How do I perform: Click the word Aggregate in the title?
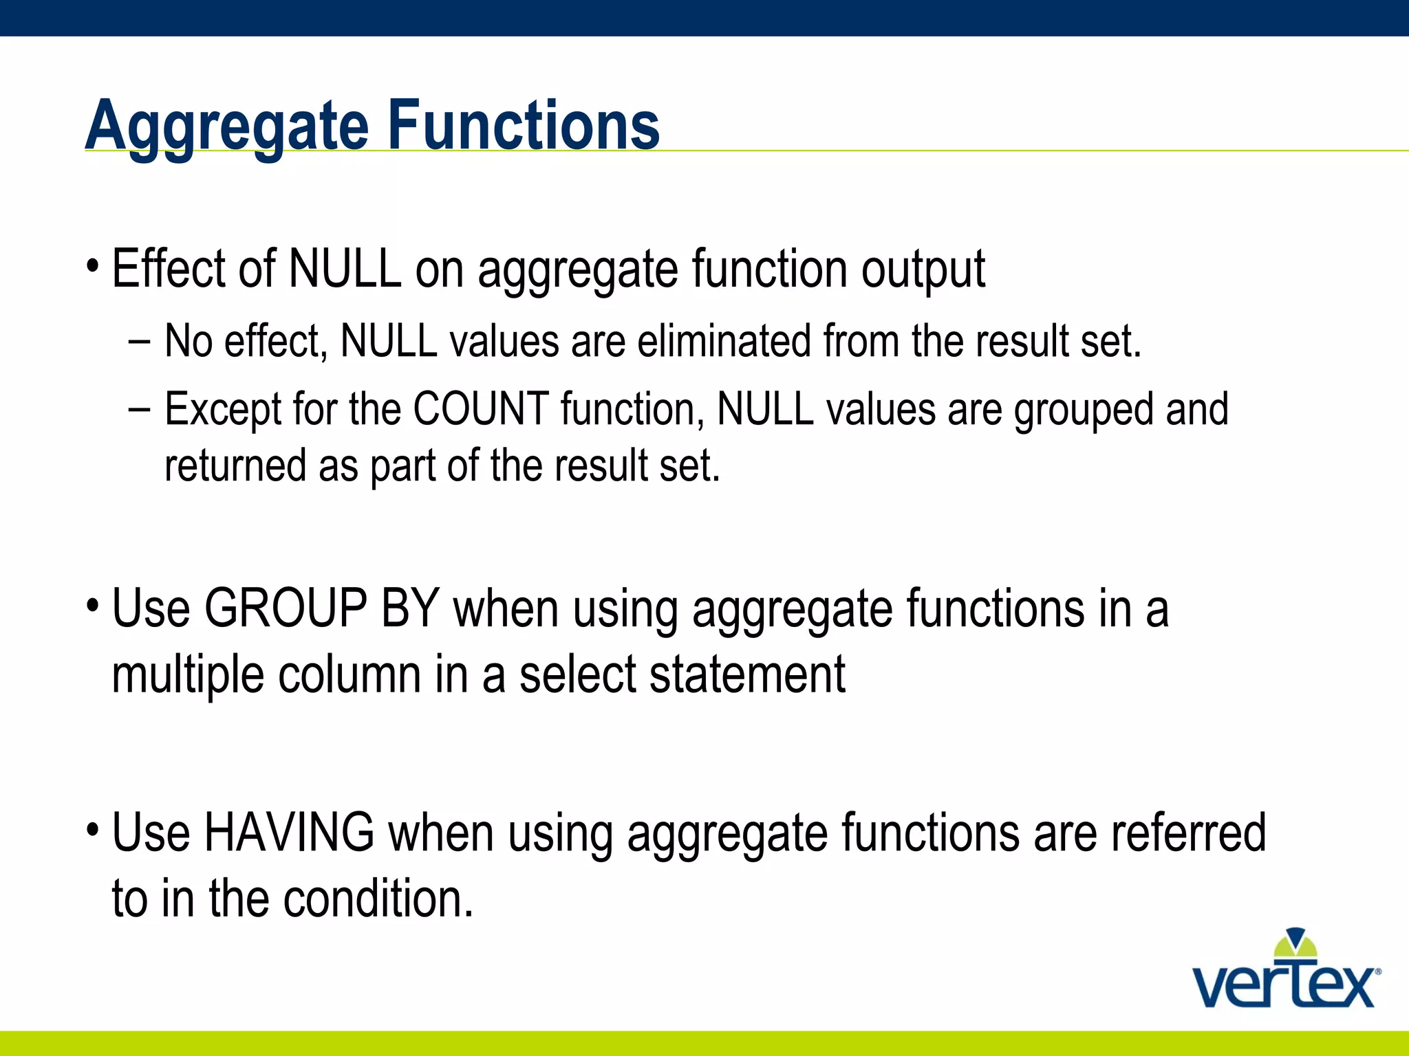pyautogui.click(x=227, y=127)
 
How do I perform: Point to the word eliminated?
pyautogui.click(x=724, y=341)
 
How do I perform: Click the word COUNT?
pyautogui.click(x=481, y=409)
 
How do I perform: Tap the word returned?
pyautogui.click(x=235, y=465)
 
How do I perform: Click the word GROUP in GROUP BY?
pyautogui.click(x=286, y=608)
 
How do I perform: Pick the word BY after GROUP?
pyautogui.click(x=410, y=608)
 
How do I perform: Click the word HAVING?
pyautogui.click(x=290, y=833)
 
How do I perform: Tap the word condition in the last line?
pyautogui.click(x=378, y=899)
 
